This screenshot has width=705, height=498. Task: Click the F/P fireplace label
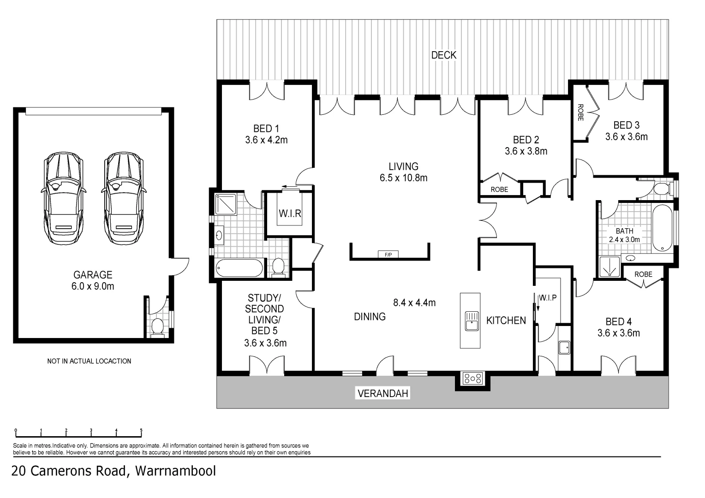click(x=388, y=255)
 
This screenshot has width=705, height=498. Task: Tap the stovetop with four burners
click(x=472, y=379)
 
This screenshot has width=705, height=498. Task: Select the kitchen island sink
click(x=472, y=321)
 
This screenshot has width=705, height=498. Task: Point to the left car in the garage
click(x=63, y=198)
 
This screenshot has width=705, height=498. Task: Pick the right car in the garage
click(x=124, y=198)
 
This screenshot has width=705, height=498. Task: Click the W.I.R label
click(x=290, y=213)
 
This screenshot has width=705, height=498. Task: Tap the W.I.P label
click(x=548, y=297)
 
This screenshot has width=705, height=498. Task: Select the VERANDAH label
click(x=382, y=393)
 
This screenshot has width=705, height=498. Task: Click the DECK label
click(x=444, y=55)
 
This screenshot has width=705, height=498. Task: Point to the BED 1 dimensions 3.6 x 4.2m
click(x=266, y=140)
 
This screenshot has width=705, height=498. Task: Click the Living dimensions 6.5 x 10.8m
click(x=404, y=178)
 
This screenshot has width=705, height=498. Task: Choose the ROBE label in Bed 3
click(x=581, y=113)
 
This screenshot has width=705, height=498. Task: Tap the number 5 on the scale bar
click(x=141, y=430)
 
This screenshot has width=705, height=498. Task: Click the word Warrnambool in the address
click(x=176, y=471)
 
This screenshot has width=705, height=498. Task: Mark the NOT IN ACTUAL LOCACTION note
click(x=89, y=361)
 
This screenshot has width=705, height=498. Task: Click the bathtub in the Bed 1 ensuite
click(x=239, y=268)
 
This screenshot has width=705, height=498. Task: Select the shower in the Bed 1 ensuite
click(x=226, y=204)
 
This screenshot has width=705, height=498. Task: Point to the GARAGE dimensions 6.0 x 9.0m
click(x=93, y=287)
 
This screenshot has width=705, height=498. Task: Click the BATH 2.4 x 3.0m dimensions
click(x=624, y=240)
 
